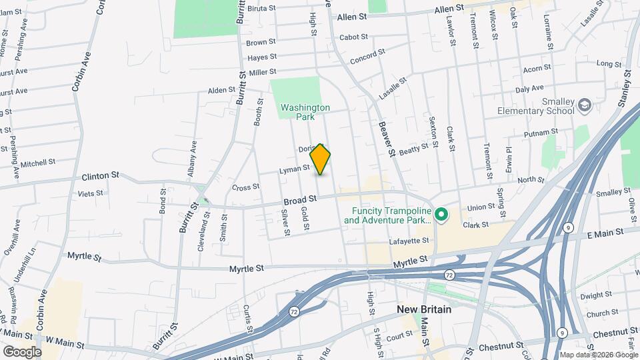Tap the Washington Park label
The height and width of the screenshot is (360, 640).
[x=305, y=111]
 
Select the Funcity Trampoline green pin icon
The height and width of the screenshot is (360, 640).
[x=441, y=215]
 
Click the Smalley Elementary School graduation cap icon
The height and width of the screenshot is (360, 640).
[x=585, y=106]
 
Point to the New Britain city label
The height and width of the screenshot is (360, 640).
[x=424, y=309]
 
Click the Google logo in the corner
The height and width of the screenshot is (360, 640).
[x=21, y=352]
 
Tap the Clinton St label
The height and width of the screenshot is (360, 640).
[x=100, y=176]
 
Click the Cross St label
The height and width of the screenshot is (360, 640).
[x=245, y=187]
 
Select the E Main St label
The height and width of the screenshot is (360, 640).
[x=604, y=232]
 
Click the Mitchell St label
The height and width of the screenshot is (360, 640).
[x=38, y=163]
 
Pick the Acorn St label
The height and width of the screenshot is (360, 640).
[x=537, y=68]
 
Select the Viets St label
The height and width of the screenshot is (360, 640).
[x=91, y=193]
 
